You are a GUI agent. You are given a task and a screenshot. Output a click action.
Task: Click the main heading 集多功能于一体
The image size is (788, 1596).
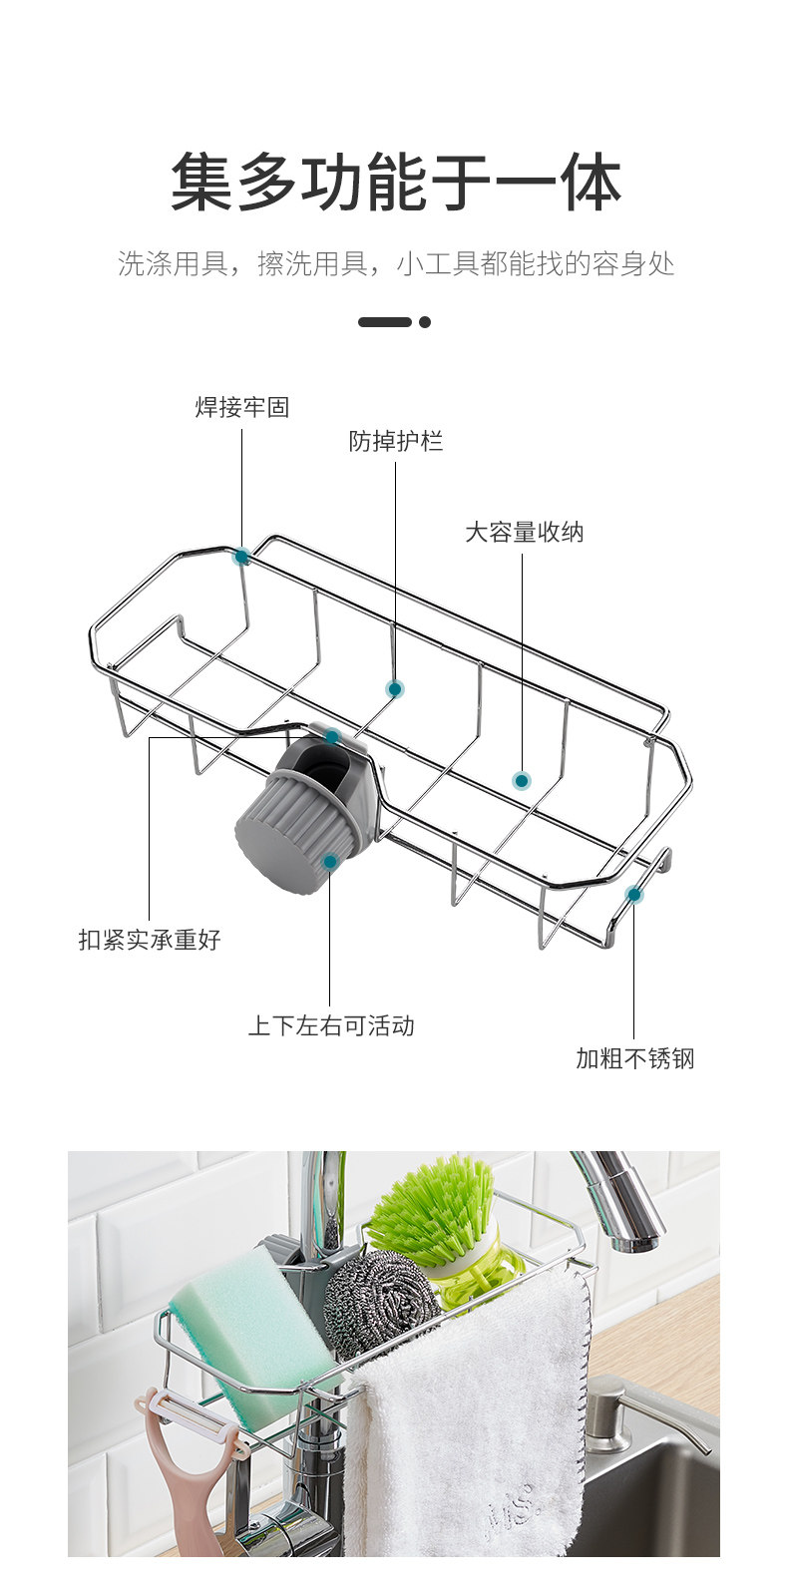[395, 182]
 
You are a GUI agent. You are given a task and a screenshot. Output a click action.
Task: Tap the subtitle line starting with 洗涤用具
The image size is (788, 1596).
[395, 264]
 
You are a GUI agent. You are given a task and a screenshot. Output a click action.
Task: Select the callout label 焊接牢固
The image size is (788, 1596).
[241, 407]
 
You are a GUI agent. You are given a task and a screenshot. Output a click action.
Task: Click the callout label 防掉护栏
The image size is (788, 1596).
[395, 441]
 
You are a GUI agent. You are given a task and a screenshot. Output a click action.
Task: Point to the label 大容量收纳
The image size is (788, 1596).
[524, 532]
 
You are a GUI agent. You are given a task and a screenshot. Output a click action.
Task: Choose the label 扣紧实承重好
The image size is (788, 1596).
[150, 940]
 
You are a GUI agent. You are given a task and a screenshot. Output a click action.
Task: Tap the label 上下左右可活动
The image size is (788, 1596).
[330, 1025]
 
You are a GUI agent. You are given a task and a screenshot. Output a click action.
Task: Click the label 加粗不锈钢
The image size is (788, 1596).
[634, 1058]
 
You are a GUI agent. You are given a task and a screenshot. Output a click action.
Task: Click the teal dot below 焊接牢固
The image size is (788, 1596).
[241, 557]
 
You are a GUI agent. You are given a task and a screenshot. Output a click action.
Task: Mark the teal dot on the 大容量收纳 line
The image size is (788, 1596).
[521, 781]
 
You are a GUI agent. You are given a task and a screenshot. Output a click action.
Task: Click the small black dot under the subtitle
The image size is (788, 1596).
[425, 322]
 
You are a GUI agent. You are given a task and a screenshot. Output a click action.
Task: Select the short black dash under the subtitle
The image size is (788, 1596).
[385, 322]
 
